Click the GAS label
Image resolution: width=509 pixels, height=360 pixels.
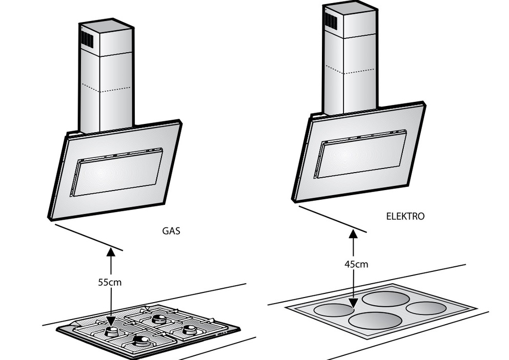171,231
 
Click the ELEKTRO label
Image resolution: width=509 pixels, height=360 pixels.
405,216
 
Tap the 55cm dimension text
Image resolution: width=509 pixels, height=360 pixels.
110,282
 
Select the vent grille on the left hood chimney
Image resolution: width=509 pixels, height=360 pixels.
87,38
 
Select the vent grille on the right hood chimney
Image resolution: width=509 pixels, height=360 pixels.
330,20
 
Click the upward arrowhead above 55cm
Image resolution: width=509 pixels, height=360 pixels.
110,250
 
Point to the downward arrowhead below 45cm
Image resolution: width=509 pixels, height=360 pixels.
353,306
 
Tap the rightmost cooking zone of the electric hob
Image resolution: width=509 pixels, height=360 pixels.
425,308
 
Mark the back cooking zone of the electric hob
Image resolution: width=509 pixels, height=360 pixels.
387,299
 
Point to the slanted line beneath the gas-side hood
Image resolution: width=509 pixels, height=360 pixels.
89,237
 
